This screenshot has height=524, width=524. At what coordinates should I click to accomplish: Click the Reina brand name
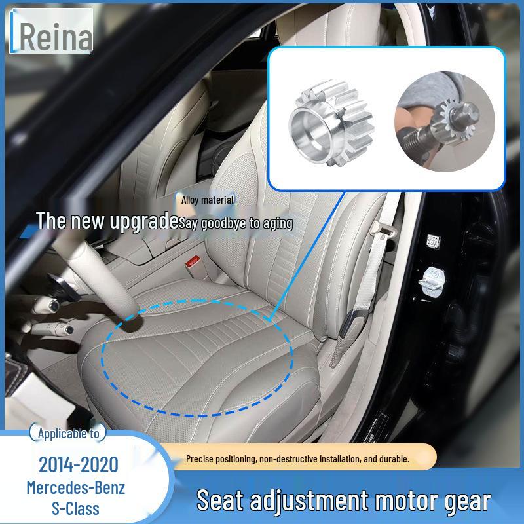(54, 37)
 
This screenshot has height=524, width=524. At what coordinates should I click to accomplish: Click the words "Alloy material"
(208, 200)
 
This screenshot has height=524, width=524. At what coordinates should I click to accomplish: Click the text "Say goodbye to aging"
(236, 223)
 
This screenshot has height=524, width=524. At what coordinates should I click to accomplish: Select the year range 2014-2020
(79, 465)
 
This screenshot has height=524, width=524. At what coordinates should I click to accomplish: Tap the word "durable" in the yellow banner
(390, 460)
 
